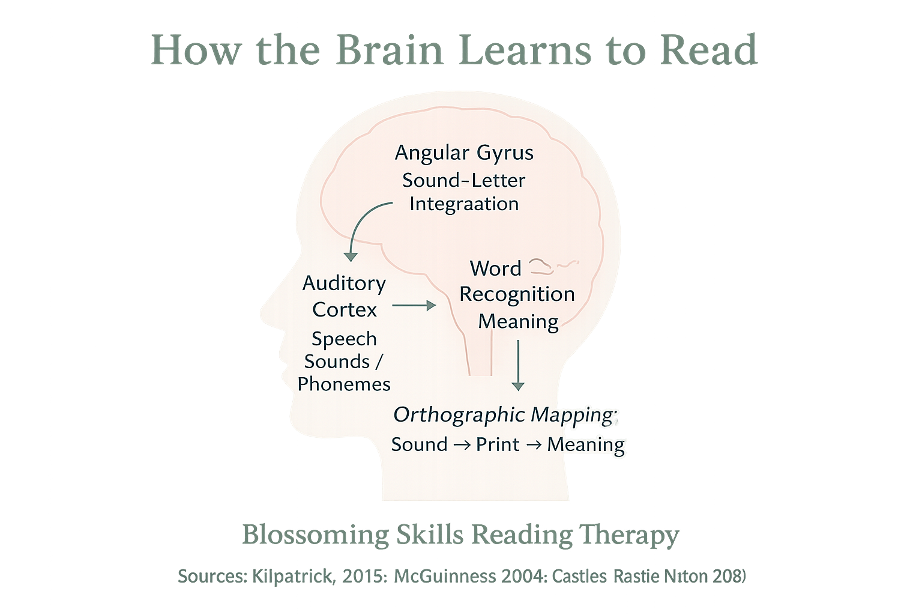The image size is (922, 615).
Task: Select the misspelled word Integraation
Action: (463, 204)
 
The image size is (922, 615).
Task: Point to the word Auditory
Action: (344, 283)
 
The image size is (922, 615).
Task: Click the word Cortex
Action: (345, 310)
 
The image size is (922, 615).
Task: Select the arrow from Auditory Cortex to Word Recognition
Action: (414, 306)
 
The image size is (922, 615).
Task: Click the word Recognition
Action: (517, 294)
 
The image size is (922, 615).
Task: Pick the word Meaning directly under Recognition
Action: (518, 321)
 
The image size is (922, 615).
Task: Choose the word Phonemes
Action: (344, 384)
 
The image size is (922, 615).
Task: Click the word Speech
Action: (344, 339)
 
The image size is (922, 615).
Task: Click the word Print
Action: (498, 444)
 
